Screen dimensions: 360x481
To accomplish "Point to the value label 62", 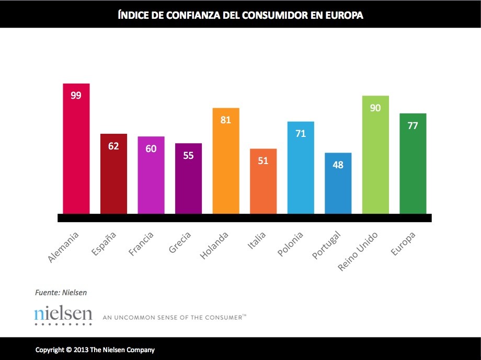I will tap(114, 146).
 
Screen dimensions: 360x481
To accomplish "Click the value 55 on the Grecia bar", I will tap(188, 155).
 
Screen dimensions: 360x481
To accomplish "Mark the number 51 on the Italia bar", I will tap(263, 160).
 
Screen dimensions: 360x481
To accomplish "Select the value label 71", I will tap(301, 133).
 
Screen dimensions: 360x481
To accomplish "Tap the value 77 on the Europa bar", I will tap(413, 125).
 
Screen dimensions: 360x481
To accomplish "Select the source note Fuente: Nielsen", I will tap(61, 293).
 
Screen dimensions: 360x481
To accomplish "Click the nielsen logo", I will tap(63, 315).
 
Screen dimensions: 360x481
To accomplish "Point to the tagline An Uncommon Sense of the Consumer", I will tap(174, 317).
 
